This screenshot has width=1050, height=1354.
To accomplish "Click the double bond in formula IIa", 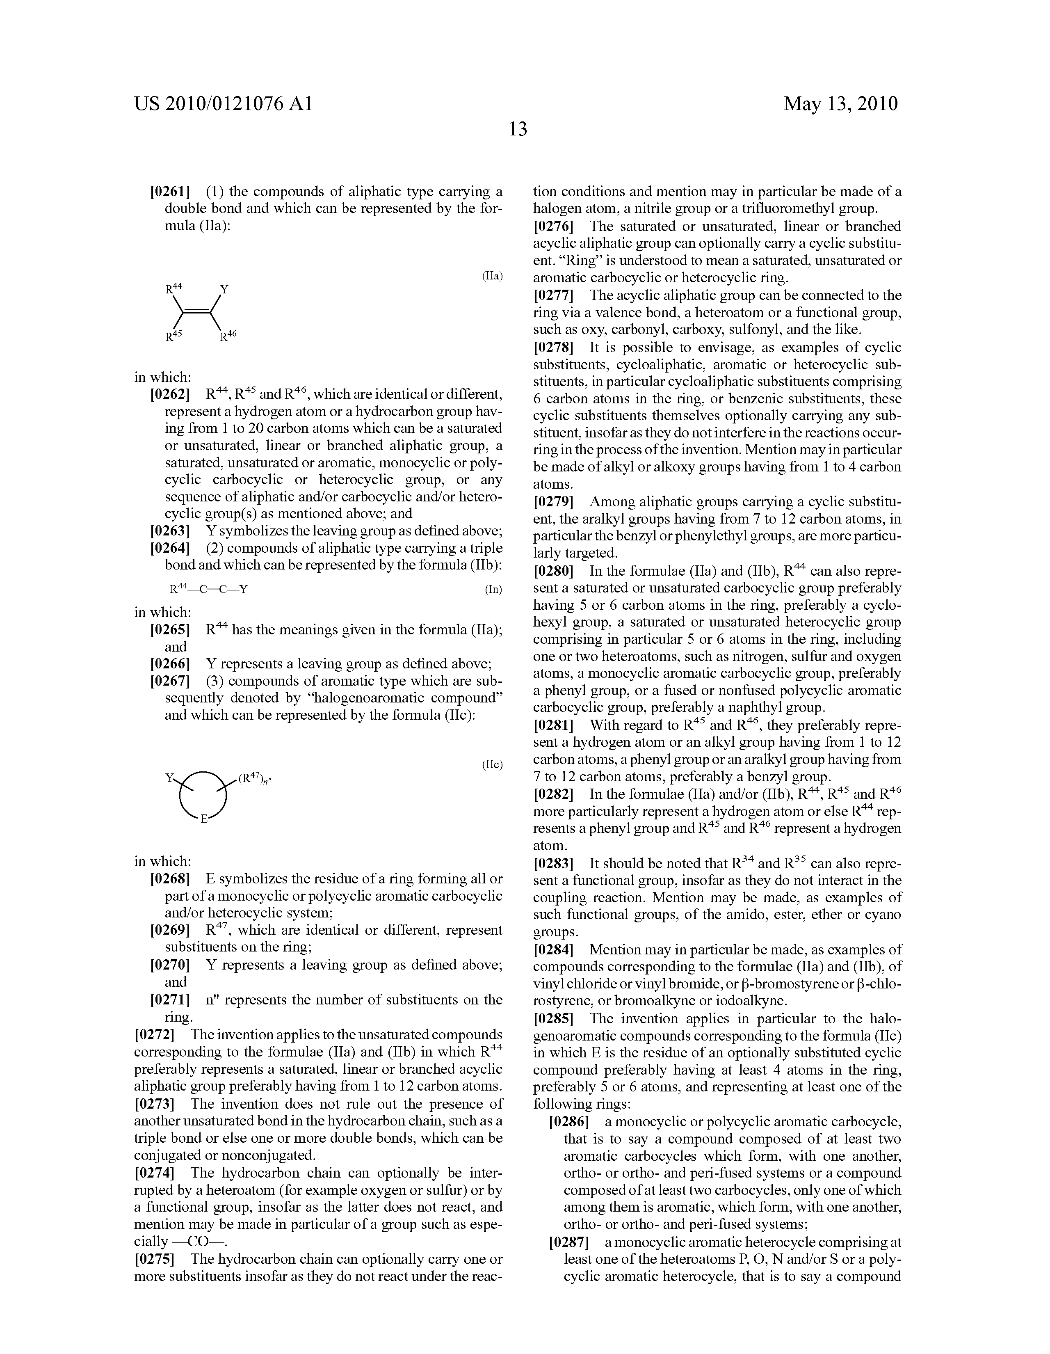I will pos(197,311).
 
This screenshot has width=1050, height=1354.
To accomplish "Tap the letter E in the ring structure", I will pos(203,819).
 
